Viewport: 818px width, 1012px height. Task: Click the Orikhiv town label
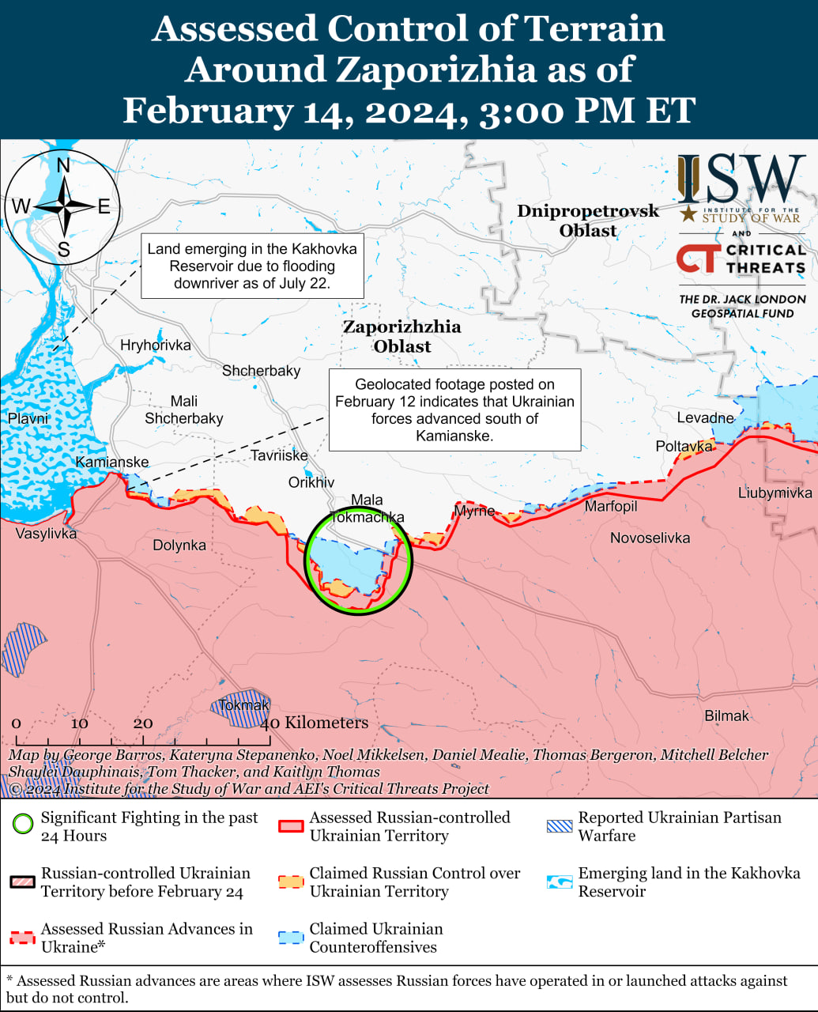311,482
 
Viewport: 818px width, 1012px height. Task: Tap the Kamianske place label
112,462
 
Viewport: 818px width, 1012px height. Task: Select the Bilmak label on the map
726,716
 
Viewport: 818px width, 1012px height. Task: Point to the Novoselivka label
650,538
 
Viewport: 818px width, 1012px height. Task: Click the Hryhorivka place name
156,345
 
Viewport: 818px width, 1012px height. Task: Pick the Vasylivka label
46,534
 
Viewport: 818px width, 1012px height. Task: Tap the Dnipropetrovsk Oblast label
588,221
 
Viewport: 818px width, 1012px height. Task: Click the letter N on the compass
63,165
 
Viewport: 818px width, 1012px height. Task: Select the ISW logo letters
741,179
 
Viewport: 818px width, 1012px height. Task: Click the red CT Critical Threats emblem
698,259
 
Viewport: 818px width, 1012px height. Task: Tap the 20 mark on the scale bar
143,723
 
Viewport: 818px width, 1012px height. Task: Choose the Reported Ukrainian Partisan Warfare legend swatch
560,826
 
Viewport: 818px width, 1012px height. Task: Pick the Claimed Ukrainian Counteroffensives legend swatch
291,938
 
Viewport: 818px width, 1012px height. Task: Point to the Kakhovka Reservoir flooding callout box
252,266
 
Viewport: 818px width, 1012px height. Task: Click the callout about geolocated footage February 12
454,410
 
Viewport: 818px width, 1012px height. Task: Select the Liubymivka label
775,493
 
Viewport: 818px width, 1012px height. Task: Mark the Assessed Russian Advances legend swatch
23,938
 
